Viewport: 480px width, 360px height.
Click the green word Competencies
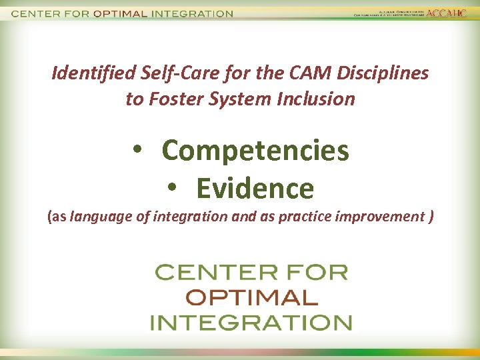(255, 151)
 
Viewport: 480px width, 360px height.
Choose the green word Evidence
(255, 189)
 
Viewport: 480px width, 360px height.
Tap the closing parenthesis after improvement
(432, 217)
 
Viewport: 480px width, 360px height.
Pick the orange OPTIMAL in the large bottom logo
(251, 297)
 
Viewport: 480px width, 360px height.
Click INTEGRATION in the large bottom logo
(251, 323)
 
